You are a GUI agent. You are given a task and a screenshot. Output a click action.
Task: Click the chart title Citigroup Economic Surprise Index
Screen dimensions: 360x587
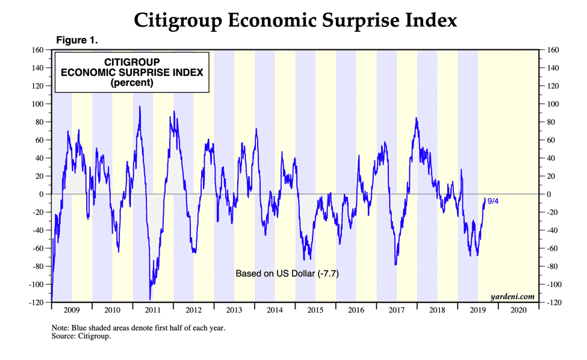pos(295,20)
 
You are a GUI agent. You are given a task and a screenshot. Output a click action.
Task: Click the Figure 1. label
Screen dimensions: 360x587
pos(76,40)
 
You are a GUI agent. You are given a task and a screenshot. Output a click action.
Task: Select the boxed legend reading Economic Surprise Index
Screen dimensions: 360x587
pos(132,72)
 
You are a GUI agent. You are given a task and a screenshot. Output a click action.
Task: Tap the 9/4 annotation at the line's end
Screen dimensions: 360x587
pos(492,201)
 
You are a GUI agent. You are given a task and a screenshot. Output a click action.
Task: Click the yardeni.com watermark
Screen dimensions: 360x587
pos(512,296)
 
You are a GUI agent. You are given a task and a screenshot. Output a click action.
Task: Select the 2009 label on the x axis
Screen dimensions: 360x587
pos(72,311)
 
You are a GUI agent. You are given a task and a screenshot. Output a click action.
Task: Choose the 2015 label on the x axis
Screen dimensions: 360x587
pos(315,311)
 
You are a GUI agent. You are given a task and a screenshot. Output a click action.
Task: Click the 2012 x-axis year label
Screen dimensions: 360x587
pos(193,311)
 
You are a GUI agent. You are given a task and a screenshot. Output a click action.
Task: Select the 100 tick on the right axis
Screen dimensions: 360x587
pos(552,104)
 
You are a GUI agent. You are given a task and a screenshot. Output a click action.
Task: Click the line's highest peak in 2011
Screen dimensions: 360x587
pos(140,107)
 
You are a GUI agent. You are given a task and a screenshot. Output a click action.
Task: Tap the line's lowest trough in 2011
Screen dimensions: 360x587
pos(150,299)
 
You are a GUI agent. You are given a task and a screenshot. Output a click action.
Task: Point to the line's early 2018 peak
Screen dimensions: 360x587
pos(416,118)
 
